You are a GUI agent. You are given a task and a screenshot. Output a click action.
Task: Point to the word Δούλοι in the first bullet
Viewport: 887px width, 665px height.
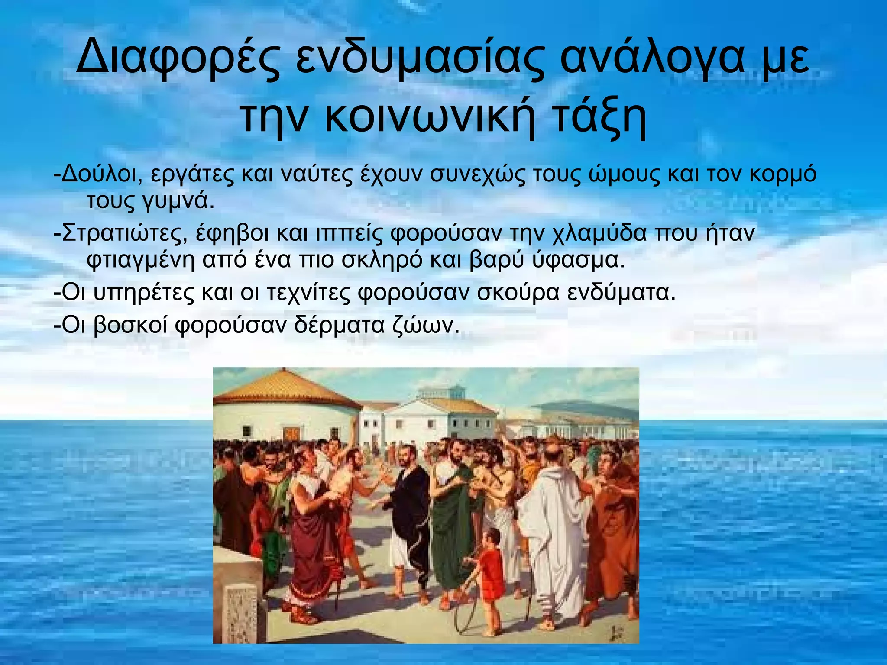pos(101,174)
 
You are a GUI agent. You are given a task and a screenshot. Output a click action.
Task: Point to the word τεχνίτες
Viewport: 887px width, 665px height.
pos(308,293)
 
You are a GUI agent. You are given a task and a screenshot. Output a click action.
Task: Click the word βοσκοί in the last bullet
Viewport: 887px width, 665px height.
pos(130,325)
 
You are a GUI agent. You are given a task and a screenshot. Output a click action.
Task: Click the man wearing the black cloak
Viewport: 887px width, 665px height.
pos(409,511)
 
